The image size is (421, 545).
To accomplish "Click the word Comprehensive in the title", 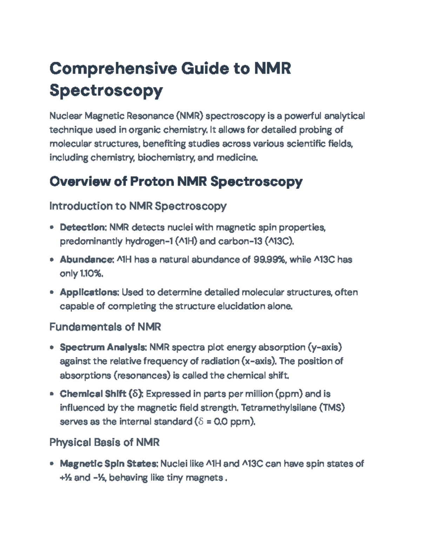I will click(x=113, y=68).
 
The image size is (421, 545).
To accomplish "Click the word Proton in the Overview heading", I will click(x=152, y=181).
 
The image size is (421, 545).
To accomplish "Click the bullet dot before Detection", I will click(x=52, y=227).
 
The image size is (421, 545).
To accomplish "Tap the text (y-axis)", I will click(x=325, y=347).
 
